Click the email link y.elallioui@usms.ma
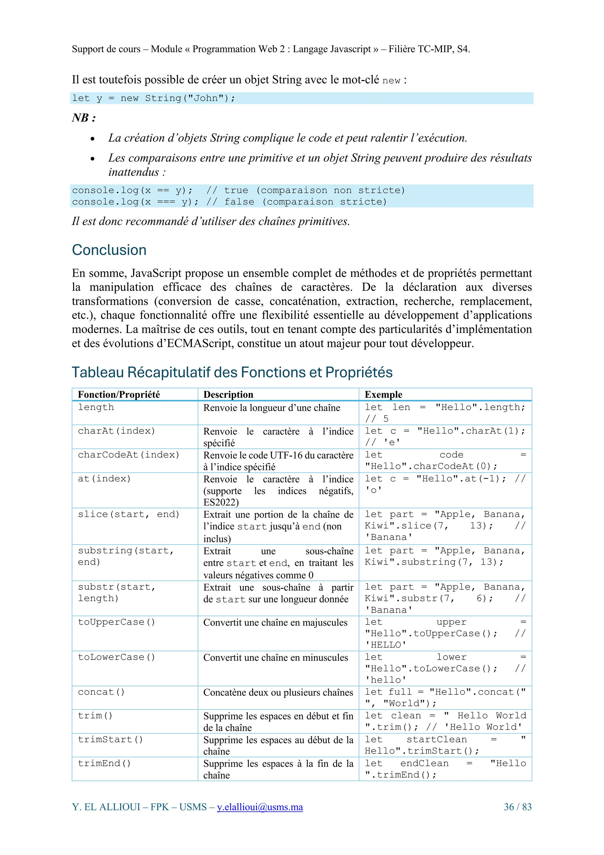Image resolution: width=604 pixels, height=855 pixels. tap(260, 807)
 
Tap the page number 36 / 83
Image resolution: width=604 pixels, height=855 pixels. tap(517, 807)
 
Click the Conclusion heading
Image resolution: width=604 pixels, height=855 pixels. tap(109, 250)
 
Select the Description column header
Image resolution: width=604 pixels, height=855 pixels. tap(228, 394)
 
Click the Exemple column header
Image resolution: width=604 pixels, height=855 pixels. tap(383, 394)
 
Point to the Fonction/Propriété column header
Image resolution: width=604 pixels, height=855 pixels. tap(119, 394)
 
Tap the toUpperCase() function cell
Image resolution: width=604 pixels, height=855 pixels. tap(116, 622)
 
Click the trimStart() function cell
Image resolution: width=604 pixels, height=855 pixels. tap(110, 739)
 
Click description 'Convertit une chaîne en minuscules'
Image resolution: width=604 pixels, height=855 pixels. tap(275, 658)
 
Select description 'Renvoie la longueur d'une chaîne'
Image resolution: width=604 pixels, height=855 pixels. tap(271, 408)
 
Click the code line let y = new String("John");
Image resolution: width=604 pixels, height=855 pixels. tap(153, 98)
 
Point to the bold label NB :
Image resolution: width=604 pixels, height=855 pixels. tap(84, 118)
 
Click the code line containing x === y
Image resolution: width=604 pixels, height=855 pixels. tap(229, 202)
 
